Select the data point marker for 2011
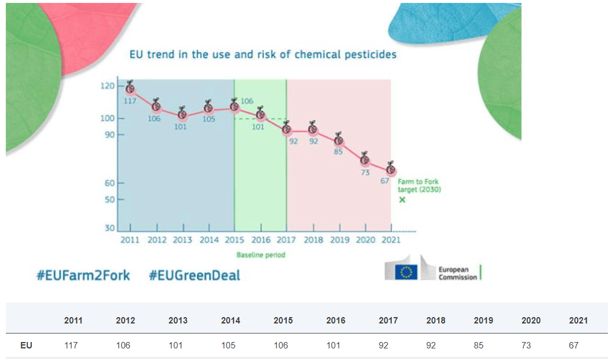coord(130,89)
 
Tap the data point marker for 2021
coord(391,169)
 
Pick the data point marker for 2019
coord(338,141)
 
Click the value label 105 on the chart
coord(209,119)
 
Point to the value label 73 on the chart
coord(365,172)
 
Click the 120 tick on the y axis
coord(108,86)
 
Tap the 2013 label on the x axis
coord(183,240)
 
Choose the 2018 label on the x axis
coord(314,240)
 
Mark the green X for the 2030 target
coord(402,200)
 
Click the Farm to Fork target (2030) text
coord(419,186)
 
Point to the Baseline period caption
coord(261,254)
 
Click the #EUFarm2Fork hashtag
coord(83,275)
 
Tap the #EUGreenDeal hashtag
coord(194,275)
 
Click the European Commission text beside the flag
coord(457,274)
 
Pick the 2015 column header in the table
coord(283,320)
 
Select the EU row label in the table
coord(26,346)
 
